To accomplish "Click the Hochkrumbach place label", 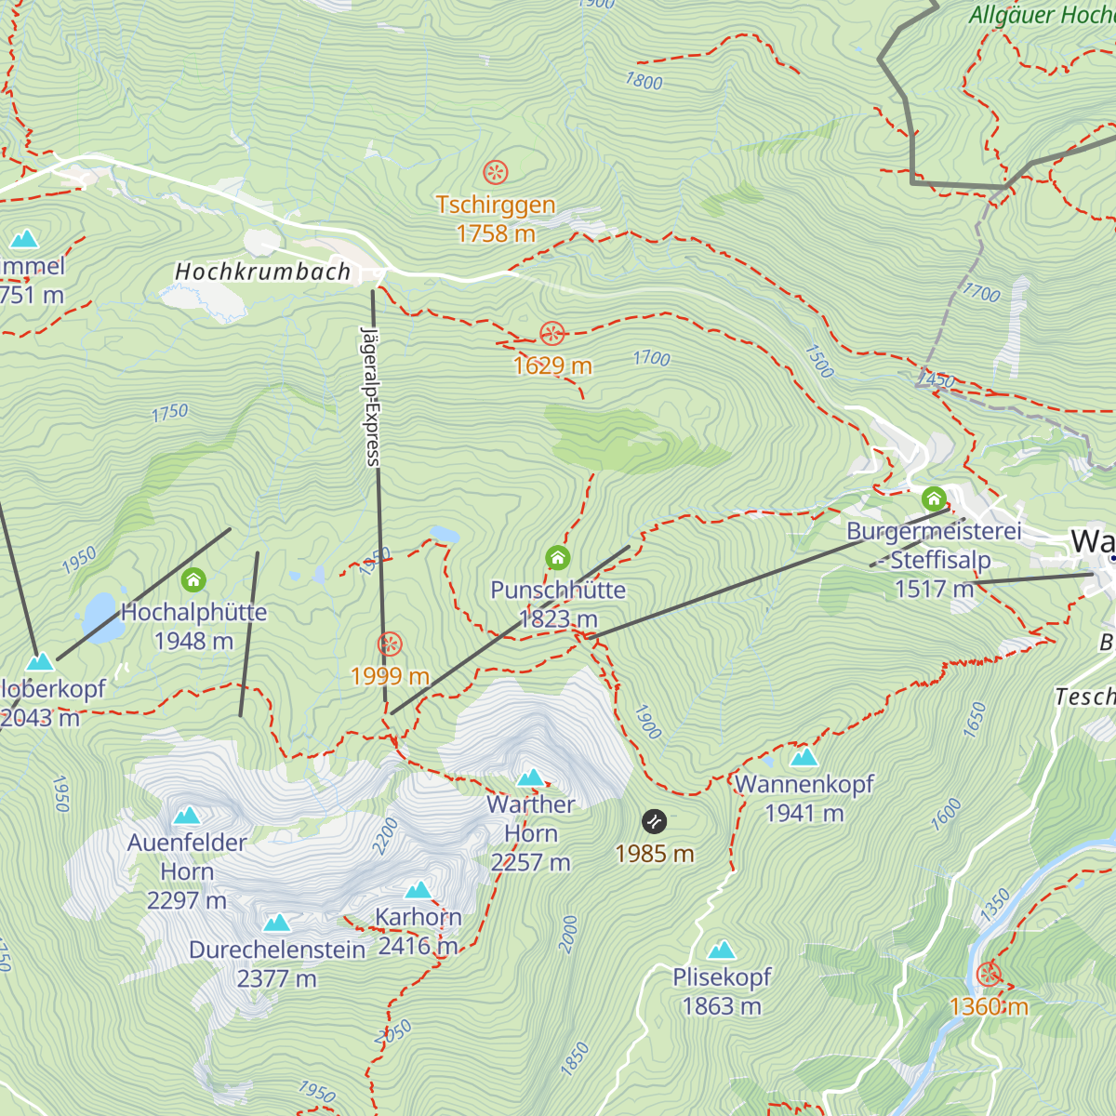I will point(263,272).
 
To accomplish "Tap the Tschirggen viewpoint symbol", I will point(496,172).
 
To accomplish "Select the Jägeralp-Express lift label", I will point(371,395).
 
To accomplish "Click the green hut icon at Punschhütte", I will point(557,558).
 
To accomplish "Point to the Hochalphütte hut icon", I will point(193,580).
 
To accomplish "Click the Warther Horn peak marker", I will point(531,777).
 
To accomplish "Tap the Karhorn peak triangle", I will point(418,890).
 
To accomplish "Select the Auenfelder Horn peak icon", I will point(187,816).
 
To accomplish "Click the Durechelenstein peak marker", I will point(277,923).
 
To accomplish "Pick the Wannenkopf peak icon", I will point(804,757).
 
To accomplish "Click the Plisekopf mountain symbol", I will point(723,950).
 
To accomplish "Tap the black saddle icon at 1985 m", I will point(655,821).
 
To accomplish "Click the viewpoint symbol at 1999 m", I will point(390,644).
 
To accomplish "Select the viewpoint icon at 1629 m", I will point(552,333).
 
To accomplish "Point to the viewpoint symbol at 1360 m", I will point(989,975).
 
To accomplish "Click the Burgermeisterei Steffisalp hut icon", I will point(934,498).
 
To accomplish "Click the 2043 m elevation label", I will point(40,718).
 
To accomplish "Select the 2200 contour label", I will point(385,835).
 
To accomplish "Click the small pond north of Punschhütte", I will point(444,535).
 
